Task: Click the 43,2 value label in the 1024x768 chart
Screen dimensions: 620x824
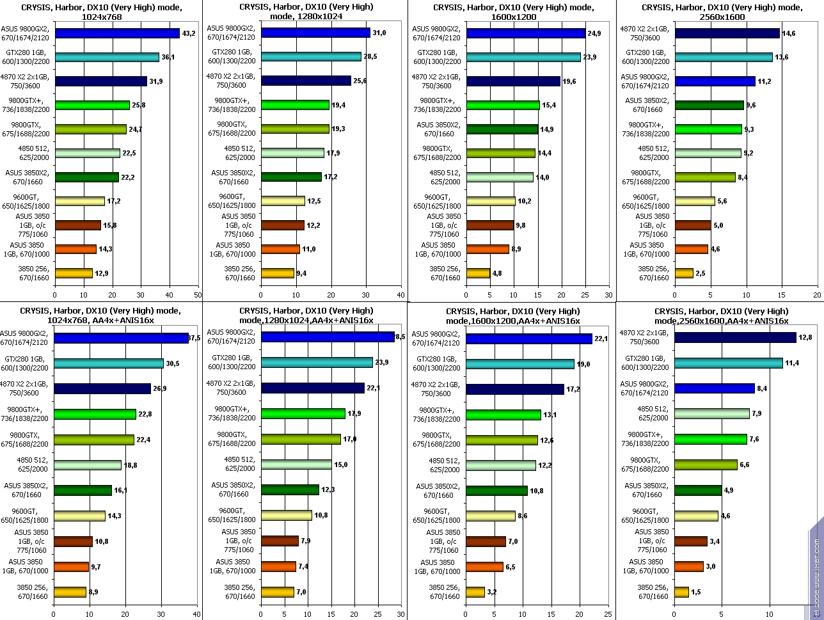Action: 190,33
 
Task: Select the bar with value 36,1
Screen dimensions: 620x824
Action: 107,57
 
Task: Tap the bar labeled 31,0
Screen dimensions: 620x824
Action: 315,33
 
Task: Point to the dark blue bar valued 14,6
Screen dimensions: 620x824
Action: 727,33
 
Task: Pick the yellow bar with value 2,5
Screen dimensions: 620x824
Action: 683,273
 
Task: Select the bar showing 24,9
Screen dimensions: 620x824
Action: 526,33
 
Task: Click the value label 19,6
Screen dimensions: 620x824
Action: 570,81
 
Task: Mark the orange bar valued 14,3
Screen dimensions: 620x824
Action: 75,250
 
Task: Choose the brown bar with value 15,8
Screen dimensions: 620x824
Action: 77,225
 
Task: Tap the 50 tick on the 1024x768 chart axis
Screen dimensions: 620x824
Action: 198,296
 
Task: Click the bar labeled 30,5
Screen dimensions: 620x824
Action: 109,363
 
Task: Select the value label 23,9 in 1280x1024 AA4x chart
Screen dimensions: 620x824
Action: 382,363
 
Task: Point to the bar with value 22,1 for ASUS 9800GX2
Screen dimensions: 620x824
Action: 529,339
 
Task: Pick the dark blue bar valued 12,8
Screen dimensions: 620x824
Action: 735,337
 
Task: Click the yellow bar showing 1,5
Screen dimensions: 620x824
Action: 681,592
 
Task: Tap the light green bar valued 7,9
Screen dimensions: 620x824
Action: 712,413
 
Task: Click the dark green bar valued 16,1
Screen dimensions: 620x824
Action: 83,490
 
